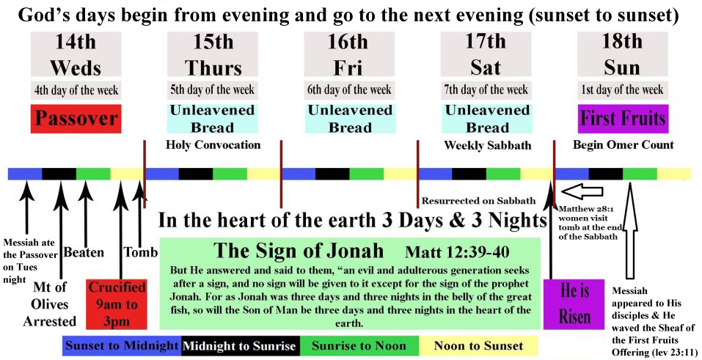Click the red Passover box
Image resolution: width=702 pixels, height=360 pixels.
coord(76,119)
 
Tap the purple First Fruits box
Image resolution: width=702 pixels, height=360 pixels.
coord(622,119)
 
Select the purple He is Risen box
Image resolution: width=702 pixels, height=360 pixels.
coord(574,300)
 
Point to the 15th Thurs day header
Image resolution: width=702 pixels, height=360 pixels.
coord(213,54)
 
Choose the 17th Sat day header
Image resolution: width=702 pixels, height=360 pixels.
coord(486,54)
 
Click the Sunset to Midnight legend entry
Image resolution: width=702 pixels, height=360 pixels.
coord(121,345)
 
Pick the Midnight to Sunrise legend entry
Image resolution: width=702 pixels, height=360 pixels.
coord(240,345)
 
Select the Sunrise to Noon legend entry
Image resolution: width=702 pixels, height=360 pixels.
coord(359,345)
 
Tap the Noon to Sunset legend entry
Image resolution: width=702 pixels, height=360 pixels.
coord(479,345)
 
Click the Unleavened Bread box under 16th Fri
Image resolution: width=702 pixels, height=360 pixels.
coord(349,119)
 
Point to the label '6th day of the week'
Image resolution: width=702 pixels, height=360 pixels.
coord(349,90)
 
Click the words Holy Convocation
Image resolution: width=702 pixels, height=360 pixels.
coord(213,145)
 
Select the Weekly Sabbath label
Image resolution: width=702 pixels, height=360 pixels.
coord(487,145)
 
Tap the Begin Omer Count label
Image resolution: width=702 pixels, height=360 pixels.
coord(622,145)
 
